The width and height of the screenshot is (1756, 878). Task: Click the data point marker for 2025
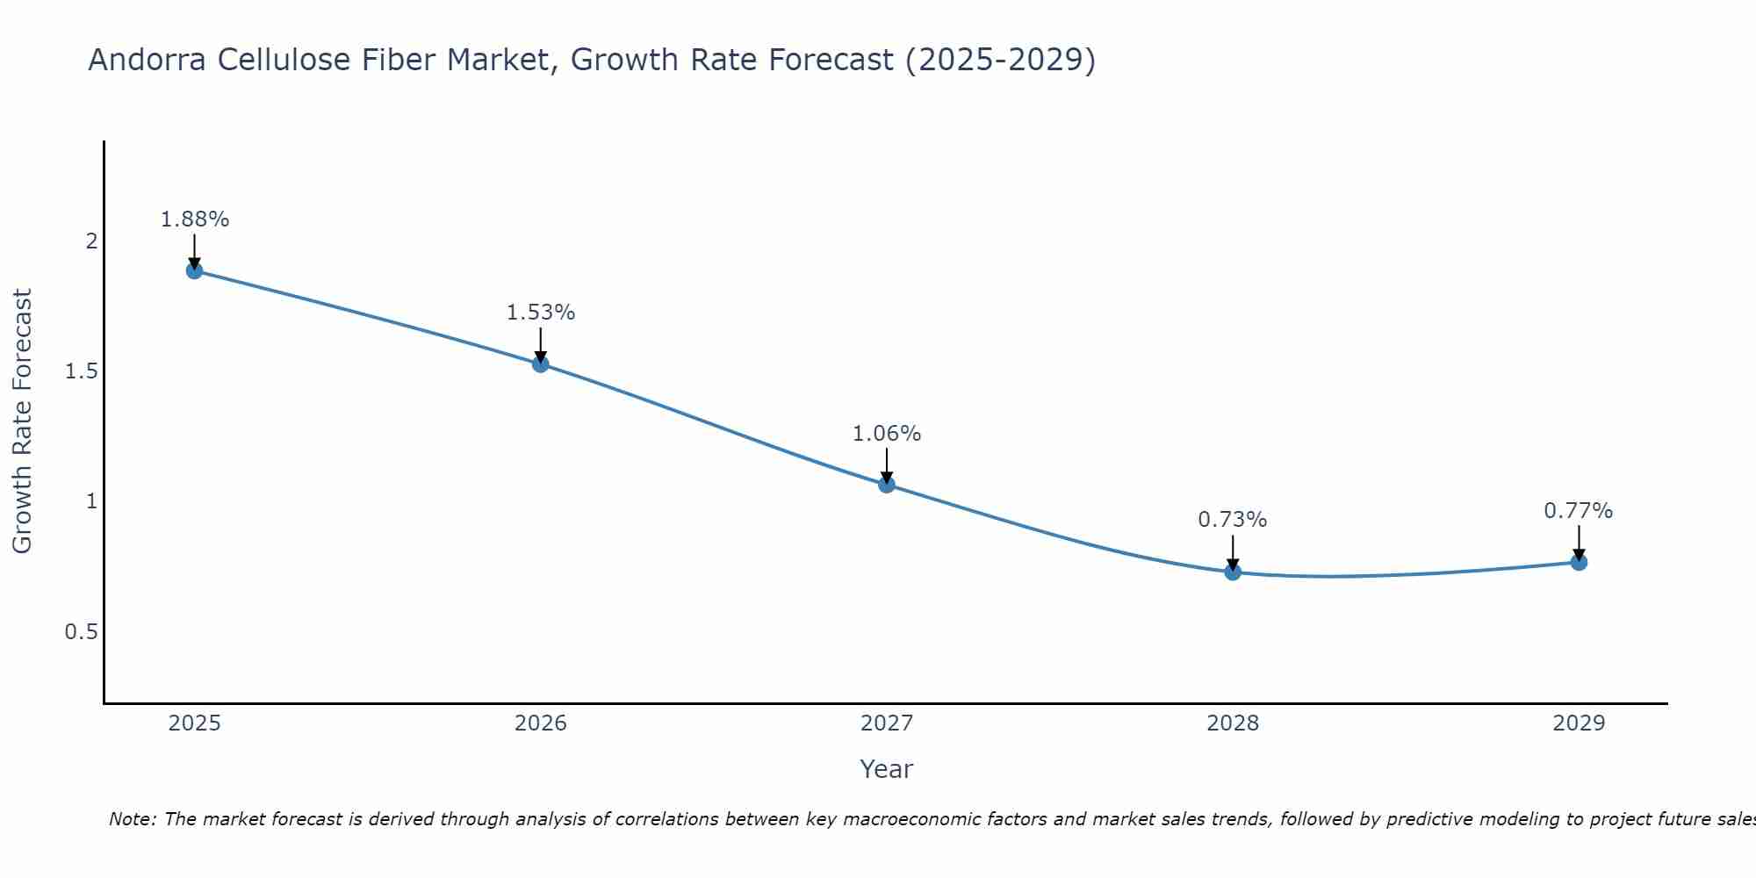click(x=194, y=270)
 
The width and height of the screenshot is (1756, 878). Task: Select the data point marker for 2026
click(x=541, y=363)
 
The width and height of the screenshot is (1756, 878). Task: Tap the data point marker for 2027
click(x=887, y=485)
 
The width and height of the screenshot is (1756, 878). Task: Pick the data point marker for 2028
click(x=1233, y=572)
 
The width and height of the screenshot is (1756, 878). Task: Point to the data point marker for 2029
click(x=1579, y=562)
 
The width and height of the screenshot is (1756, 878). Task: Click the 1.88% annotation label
click(x=194, y=219)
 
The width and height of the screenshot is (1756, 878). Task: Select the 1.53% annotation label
click(x=541, y=313)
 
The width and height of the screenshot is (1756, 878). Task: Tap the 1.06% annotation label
click(x=887, y=434)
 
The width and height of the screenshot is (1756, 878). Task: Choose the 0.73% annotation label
click(x=1233, y=520)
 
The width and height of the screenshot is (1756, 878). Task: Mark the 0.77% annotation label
click(x=1579, y=511)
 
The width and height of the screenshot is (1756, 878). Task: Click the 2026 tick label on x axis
click(x=541, y=723)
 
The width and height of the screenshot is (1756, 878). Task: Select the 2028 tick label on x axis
click(x=1233, y=723)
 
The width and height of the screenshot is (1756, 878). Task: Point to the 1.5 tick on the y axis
click(x=81, y=371)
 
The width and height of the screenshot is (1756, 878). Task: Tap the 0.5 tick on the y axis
click(x=81, y=632)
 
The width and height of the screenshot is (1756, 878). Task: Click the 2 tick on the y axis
click(x=91, y=241)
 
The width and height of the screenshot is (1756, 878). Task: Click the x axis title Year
click(x=887, y=769)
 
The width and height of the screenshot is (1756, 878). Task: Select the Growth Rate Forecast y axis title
click(x=22, y=421)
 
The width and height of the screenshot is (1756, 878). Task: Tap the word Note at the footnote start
click(x=132, y=819)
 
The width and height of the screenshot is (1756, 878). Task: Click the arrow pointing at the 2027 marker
click(x=887, y=465)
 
